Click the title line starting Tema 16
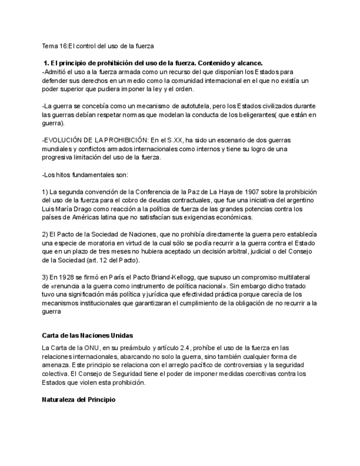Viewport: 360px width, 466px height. (x=98, y=46)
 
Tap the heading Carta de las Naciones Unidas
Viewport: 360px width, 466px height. (x=87, y=335)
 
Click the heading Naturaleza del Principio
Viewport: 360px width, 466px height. (x=79, y=400)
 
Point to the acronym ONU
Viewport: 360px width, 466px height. (x=91, y=348)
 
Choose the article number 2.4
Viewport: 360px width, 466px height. (x=190, y=348)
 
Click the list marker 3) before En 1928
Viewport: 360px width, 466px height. (x=45, y=278)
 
